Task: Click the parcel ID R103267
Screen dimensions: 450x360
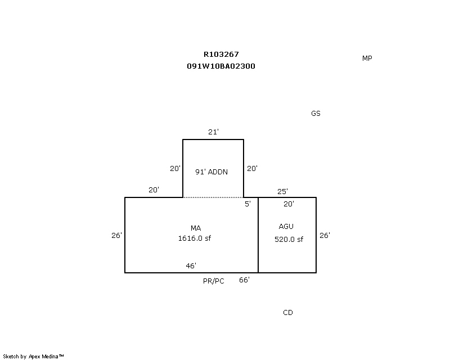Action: (221, 54)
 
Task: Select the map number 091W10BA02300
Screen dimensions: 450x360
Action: (221, 66)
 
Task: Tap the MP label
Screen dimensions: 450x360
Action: (367, 58)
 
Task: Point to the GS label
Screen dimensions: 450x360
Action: (316, 114)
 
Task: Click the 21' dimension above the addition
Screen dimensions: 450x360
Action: (213, 132)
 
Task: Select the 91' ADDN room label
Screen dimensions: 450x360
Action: (211, 172)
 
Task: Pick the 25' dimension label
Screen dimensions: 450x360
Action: (282, 191)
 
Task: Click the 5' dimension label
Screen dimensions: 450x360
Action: (247, 204)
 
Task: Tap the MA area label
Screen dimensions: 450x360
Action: (196, 228)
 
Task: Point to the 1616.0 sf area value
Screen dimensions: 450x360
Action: (195, 238)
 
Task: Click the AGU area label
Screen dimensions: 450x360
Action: (286, 227)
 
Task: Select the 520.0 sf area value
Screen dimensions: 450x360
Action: (289, 240)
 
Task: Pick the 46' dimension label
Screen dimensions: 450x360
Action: (191, 265)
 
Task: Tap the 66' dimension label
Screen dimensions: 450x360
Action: (244, 280)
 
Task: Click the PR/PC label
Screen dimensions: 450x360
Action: (214, 281)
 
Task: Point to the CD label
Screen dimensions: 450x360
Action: (288, 313)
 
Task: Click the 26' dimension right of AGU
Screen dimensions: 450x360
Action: (325, 236)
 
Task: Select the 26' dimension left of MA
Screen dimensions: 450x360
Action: (116, 236)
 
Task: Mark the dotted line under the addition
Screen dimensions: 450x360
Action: (213, 197)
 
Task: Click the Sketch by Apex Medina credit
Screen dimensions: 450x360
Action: (33, 357)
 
